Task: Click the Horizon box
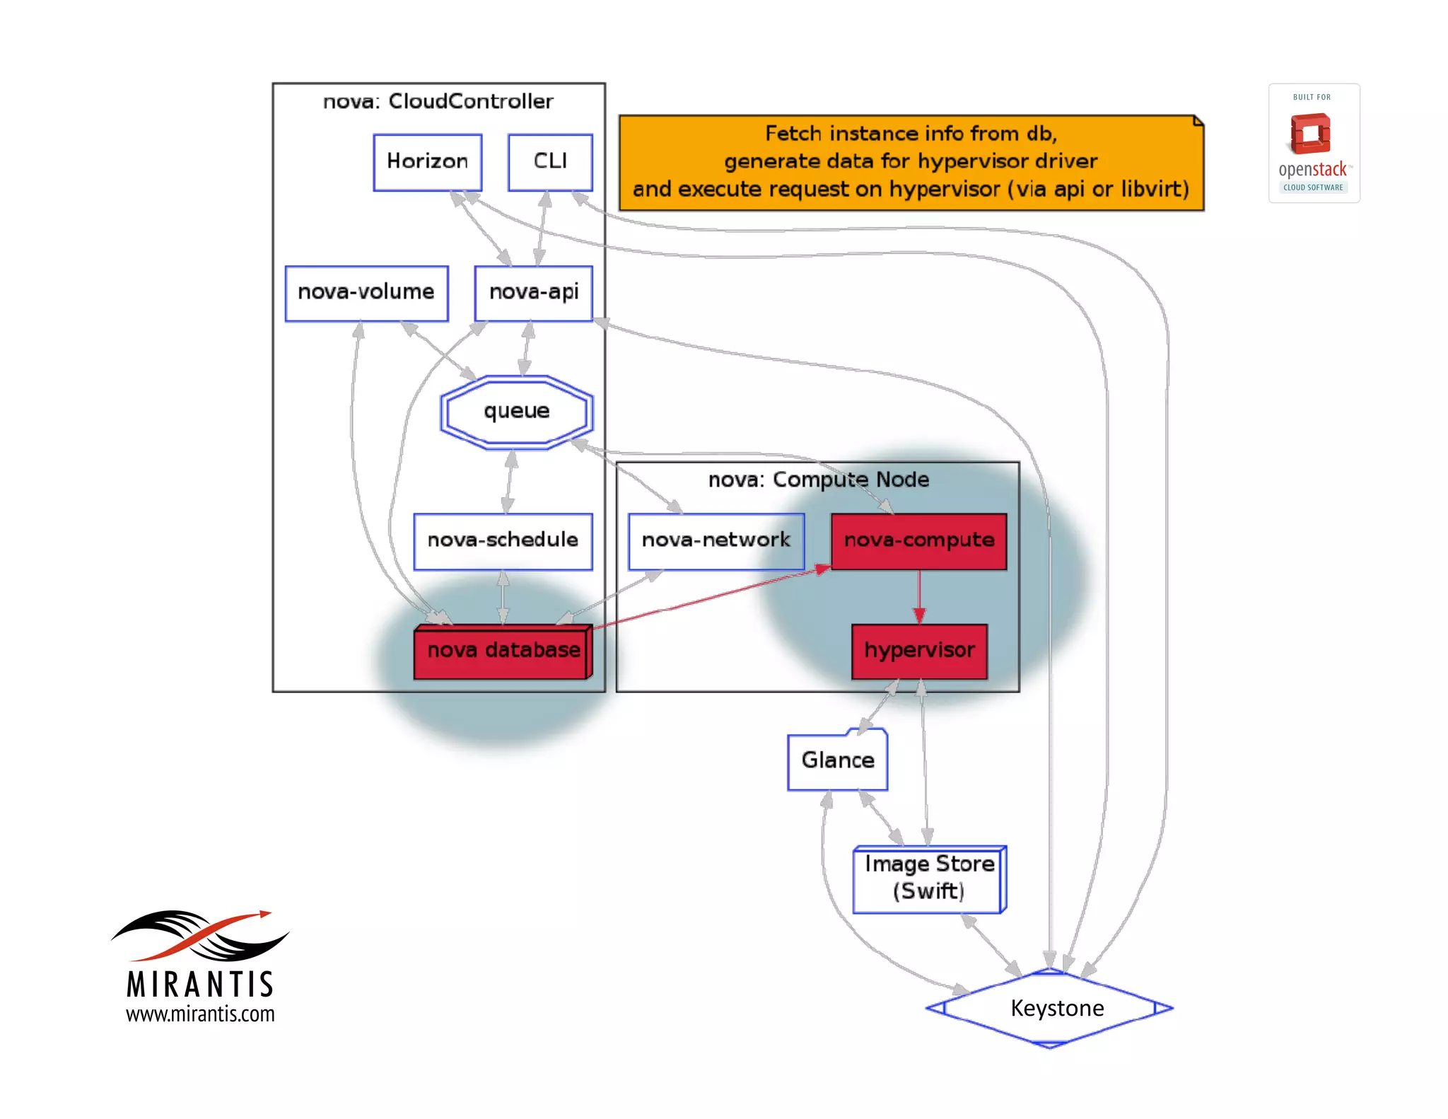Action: (427, 162)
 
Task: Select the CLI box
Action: (550, 162)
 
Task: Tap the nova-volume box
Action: (366, 293)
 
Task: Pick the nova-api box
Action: (534, 293)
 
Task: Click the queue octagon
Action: (517, 412)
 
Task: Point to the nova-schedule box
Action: (503, 541)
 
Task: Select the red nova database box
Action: (503, 651)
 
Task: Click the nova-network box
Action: (716, 541)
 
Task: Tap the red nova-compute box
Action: (918, 541)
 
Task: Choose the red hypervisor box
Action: (919, 651)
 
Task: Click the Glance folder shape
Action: (838, 760)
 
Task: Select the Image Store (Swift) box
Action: (929, 879)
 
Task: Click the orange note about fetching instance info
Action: (911, 162)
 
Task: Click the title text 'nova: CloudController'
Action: (438, 102)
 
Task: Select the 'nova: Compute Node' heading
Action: (818, 480)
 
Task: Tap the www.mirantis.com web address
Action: (200, 1014)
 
